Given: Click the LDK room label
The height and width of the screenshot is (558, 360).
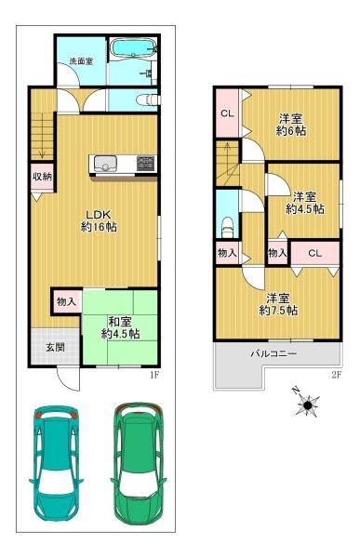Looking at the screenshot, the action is pos(99,220).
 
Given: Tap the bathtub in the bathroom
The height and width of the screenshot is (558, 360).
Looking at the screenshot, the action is pos(133,47).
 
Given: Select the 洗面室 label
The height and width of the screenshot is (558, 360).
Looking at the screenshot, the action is pos(81,60).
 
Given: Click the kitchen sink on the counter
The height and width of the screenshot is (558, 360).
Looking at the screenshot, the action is pos(105,164).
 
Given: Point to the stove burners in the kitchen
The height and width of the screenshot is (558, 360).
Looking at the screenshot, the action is pos(146,163).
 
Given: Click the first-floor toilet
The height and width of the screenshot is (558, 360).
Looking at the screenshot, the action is pos(148,100).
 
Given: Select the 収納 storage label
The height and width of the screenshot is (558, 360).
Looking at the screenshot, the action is pos(43,177).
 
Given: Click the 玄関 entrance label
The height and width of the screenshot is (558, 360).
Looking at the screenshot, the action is pos(55,347).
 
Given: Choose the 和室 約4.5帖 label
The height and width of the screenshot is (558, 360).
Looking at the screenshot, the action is pos(120,327).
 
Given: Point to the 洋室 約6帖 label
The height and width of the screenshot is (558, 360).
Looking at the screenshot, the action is pos(291,125).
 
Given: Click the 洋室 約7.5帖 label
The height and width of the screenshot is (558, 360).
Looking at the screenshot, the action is pos(278,304).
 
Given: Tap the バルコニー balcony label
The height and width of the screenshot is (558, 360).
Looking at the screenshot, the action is pos(273,353).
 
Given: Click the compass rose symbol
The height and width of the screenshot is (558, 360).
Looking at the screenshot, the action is pos(307,404).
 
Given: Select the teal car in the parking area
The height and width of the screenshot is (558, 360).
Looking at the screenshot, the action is pos(56,464).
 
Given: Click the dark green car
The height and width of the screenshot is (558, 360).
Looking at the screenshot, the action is pos(139,463).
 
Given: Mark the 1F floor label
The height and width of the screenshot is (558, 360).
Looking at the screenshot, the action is pos(154,375).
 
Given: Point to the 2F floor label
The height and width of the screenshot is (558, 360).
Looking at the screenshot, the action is pos(337,375).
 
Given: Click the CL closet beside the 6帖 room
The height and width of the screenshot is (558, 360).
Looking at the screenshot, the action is pos(227,113).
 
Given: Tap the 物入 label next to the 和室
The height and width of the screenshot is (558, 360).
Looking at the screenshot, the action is pos(66,302).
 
